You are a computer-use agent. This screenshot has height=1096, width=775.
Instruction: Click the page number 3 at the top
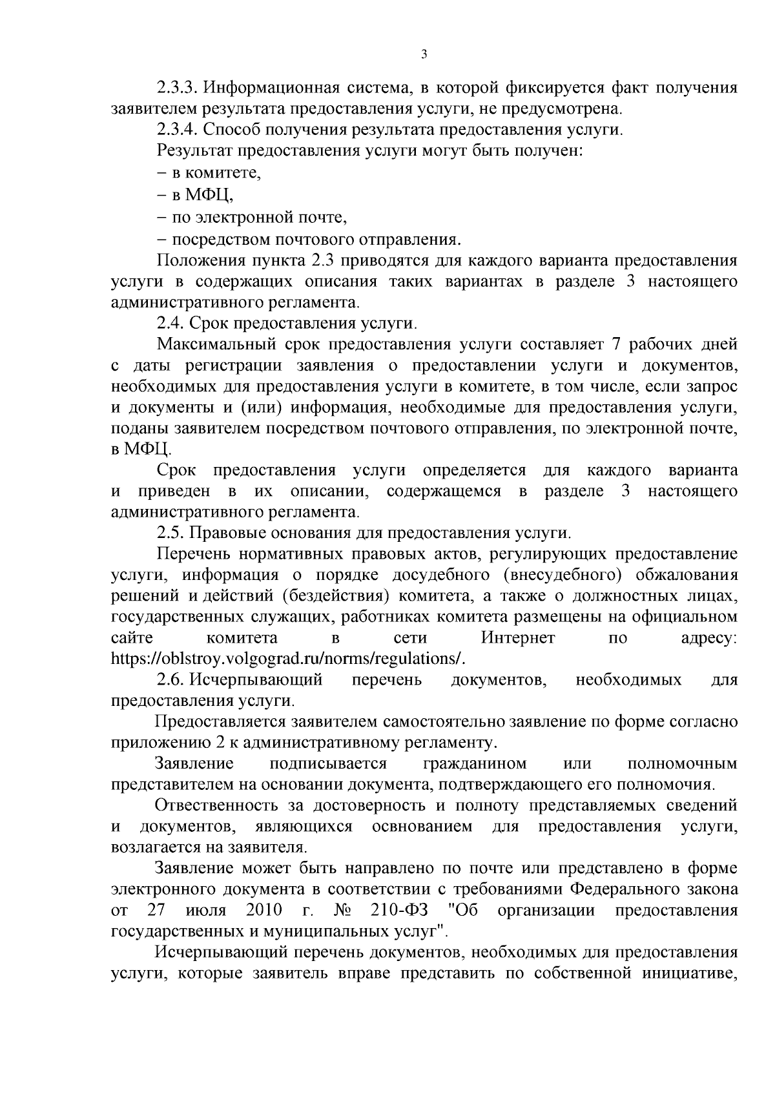coord(424,55)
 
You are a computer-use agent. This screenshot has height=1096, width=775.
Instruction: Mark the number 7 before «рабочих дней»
coord(615,344)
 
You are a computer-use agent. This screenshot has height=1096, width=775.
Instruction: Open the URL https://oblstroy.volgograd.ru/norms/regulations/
coord(288,659)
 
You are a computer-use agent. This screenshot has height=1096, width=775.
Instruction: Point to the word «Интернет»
coord(518,638)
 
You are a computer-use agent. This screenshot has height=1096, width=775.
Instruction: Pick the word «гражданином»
coord(475,764)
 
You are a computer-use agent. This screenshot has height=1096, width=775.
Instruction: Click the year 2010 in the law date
coord(265,911)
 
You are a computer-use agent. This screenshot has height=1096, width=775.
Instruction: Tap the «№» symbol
coord(342,911)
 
